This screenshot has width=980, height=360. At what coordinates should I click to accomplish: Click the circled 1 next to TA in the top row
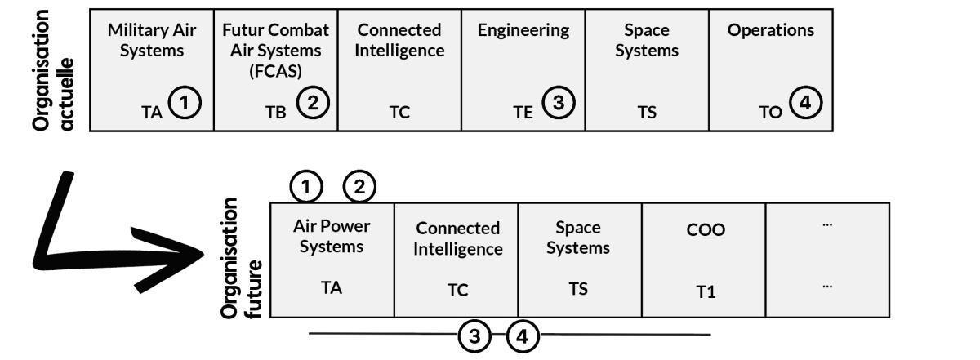(x=185, y=104)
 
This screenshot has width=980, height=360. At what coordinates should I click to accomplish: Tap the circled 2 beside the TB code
(x=312, y=104)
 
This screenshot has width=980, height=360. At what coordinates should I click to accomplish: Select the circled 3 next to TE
(x=559, y=104)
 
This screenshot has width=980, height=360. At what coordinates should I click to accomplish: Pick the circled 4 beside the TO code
(x=806, y=104)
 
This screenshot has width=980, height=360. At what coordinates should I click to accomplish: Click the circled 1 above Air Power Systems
(x=306, y=187)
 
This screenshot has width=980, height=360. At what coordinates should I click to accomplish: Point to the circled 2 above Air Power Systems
(x=359, y=187)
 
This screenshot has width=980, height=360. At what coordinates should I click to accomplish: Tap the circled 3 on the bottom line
(x=474, y=336)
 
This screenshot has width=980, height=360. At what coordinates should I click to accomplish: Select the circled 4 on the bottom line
(x=523, y=336)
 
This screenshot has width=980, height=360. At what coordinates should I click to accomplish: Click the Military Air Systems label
(x=152, y=40)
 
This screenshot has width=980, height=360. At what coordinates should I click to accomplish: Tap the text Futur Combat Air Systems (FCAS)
(x=276, y=50)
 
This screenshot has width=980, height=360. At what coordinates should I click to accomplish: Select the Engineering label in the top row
(x=523, y=30)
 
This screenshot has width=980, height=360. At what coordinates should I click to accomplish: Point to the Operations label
(x=771, y=30)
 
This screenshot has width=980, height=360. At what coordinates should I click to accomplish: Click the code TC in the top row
(x=399, y=113)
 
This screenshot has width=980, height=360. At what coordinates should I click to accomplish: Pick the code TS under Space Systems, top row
(x=647, y=113)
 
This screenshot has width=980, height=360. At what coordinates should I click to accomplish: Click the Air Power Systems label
(x=332, y=235)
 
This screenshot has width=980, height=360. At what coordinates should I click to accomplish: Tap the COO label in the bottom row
(x=706, y=230)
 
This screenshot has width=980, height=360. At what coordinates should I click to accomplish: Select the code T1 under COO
(x=706, y=291)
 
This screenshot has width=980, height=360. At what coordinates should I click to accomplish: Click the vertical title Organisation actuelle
(x=54, y=69)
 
